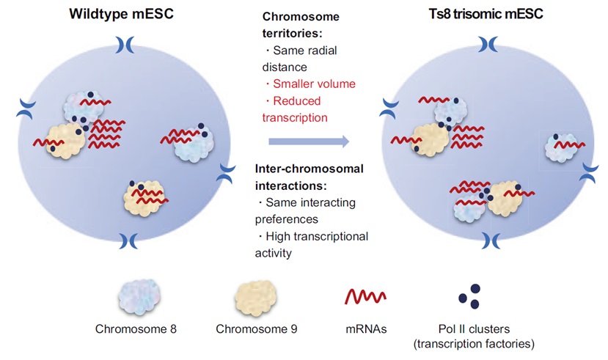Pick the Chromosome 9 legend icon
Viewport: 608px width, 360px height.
coord(254,298)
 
